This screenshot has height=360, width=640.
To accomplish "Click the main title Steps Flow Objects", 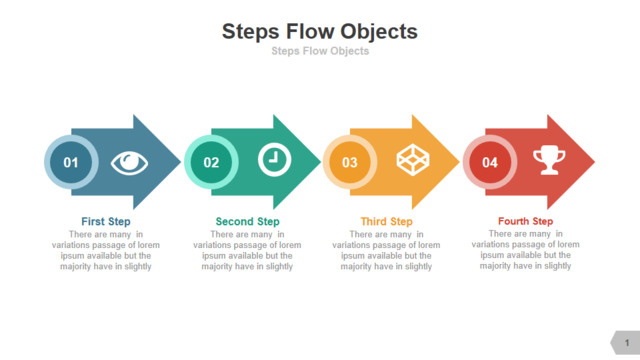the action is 320,32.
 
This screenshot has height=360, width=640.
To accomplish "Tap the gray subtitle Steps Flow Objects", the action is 320,51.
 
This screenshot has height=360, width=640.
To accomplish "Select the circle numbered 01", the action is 71,162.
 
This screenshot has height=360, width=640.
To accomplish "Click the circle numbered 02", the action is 211,162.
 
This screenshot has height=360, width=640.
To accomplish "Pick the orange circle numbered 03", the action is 350,162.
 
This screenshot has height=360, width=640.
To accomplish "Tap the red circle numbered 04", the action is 490,162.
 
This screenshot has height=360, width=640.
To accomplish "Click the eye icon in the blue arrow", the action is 129,163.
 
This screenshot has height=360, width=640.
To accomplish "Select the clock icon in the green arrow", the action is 274,160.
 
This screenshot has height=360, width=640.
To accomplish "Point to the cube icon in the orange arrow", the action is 413,160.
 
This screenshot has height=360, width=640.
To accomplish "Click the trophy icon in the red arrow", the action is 549,160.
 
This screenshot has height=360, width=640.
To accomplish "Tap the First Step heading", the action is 106,222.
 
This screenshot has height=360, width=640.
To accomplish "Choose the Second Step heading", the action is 247,222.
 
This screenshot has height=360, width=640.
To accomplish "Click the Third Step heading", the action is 387,222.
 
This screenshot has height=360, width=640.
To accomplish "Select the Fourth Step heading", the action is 525,221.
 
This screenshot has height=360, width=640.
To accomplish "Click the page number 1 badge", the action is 625,343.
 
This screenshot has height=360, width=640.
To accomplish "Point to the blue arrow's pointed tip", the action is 181,162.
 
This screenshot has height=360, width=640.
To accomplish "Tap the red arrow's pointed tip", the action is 595,162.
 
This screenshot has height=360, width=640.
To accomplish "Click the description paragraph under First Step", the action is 106,250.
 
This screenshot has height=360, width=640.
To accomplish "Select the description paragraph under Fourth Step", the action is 525,250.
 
